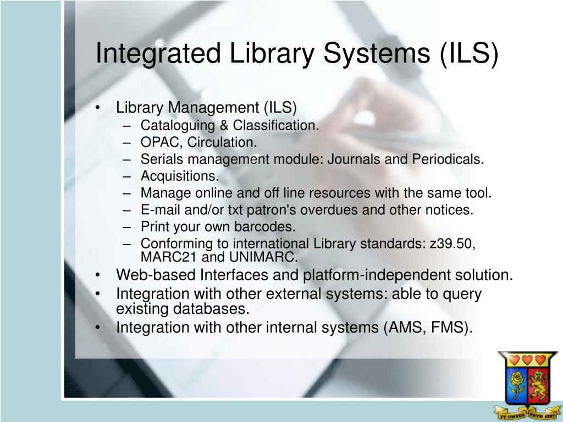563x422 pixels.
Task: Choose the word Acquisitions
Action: click(179, 176)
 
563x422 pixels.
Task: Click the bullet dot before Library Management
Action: click(97, 108)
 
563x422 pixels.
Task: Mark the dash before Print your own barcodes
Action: click(128, 226)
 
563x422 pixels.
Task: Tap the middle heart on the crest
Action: click(528, 360)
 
